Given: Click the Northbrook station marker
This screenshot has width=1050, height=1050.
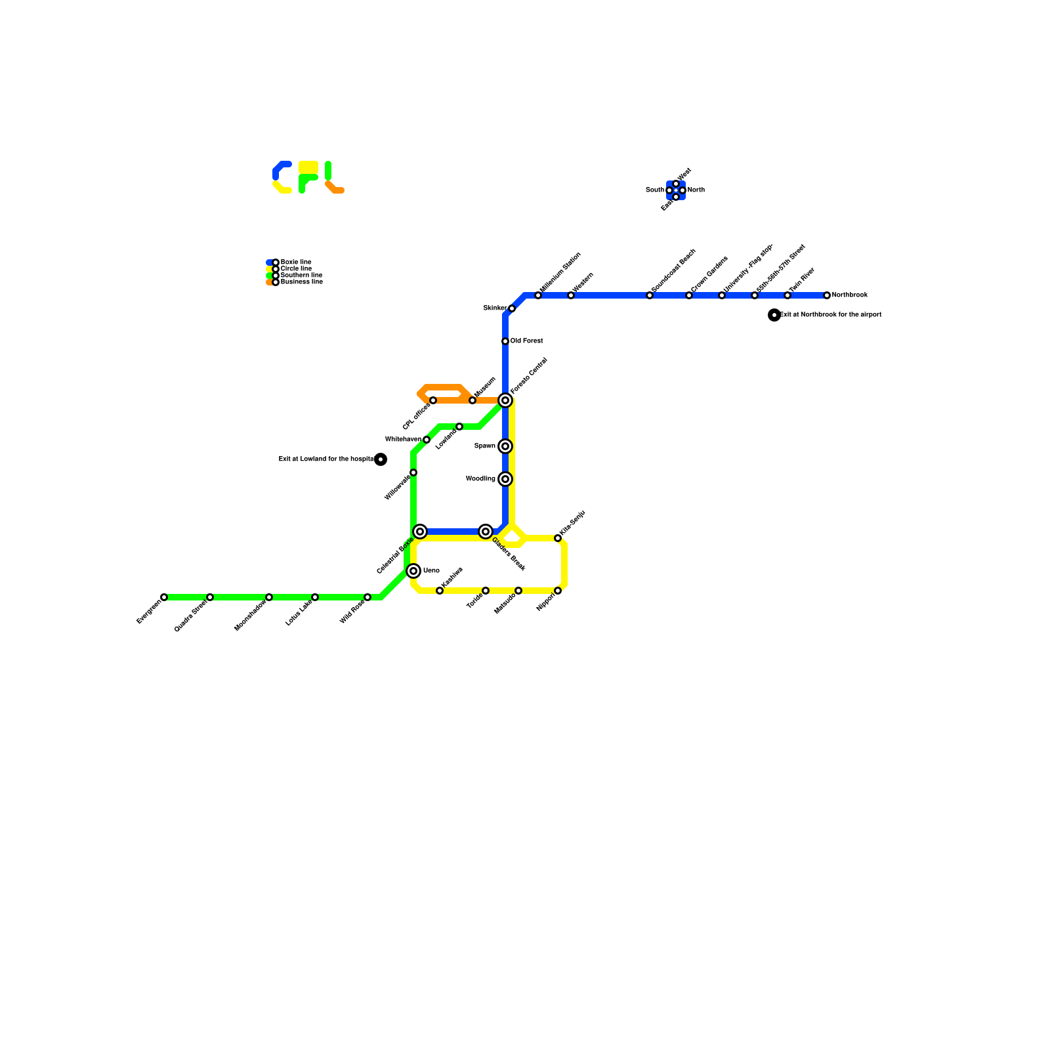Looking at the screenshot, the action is [827, 295].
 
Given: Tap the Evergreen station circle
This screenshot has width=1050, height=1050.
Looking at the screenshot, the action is [164, 597].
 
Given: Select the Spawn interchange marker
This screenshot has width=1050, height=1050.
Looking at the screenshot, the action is [505, 446].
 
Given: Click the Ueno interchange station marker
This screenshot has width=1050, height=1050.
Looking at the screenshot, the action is [413, 571].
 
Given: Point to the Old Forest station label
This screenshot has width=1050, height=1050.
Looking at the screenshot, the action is [526, 341].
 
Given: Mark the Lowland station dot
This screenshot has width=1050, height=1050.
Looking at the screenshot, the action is [459, 427].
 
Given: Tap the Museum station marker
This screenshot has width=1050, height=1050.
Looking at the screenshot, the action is [472, 400].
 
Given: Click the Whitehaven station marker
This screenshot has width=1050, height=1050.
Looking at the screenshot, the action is [427, 440].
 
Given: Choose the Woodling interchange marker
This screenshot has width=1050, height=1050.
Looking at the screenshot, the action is [505, 479].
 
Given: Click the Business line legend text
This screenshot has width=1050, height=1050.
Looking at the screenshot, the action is [301, 282].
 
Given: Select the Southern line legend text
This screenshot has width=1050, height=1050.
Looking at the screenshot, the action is [301, 276].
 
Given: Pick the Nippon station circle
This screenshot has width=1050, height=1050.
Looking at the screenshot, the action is [558, 591].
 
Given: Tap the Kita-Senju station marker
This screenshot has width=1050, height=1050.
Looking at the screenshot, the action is [558, 538].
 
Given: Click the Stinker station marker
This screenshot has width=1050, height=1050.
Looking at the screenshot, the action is [512, 308].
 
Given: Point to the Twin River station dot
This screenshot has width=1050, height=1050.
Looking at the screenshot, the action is [787, 295].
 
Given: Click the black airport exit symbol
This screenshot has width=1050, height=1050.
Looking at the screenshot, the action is [774, 315].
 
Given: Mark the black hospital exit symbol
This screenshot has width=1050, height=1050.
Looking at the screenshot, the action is [381, 459].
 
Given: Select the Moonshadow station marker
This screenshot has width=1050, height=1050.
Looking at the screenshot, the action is [269, 597].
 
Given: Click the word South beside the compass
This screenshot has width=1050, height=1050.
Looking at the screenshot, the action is [654, 190].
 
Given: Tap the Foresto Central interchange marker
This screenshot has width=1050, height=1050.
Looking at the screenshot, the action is [505, 400].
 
